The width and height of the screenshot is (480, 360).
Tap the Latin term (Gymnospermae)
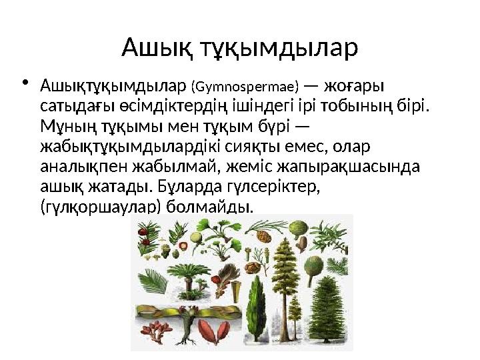pos(245,87)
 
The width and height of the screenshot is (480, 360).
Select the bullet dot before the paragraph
pos(26,84)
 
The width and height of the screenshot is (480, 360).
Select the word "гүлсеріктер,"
pos(273,185)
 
